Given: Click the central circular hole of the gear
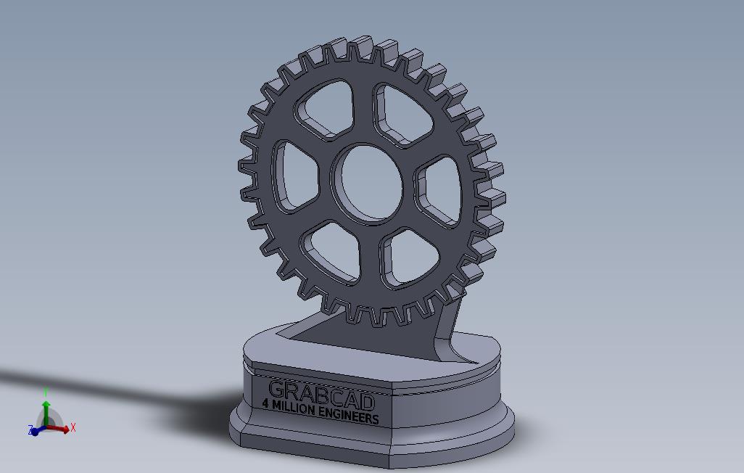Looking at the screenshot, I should click(x=368, y=181).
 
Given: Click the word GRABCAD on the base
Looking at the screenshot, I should click(x=321, y=395).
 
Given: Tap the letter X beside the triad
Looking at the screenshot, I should click(x=73, y=428).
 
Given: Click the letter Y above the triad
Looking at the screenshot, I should click(x=46, y=392).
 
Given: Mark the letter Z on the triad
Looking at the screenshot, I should click(x=31, y=431).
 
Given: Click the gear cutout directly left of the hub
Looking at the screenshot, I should click(x=295, y=174).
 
